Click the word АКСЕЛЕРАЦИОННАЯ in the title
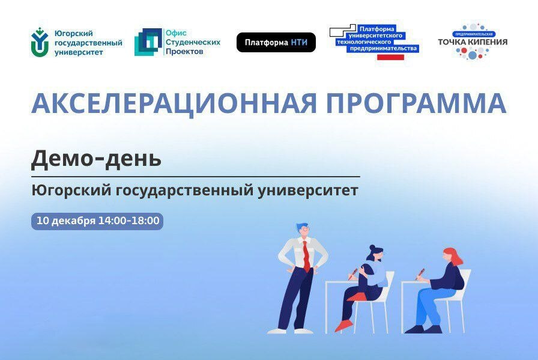[x=174, y=103]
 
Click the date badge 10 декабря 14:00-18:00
[x=97, y=221]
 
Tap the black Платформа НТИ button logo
[x=276, y=43]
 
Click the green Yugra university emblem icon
[x=40, y=42]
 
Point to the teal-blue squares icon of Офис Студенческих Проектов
[x=148, y=42]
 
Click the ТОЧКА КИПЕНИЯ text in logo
[x=473, y=42]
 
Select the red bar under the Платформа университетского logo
[x=390, y=57]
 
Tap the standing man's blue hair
[x=302, y=227]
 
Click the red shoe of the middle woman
[x=343, y=325]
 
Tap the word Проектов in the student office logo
[x=184, y=52]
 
